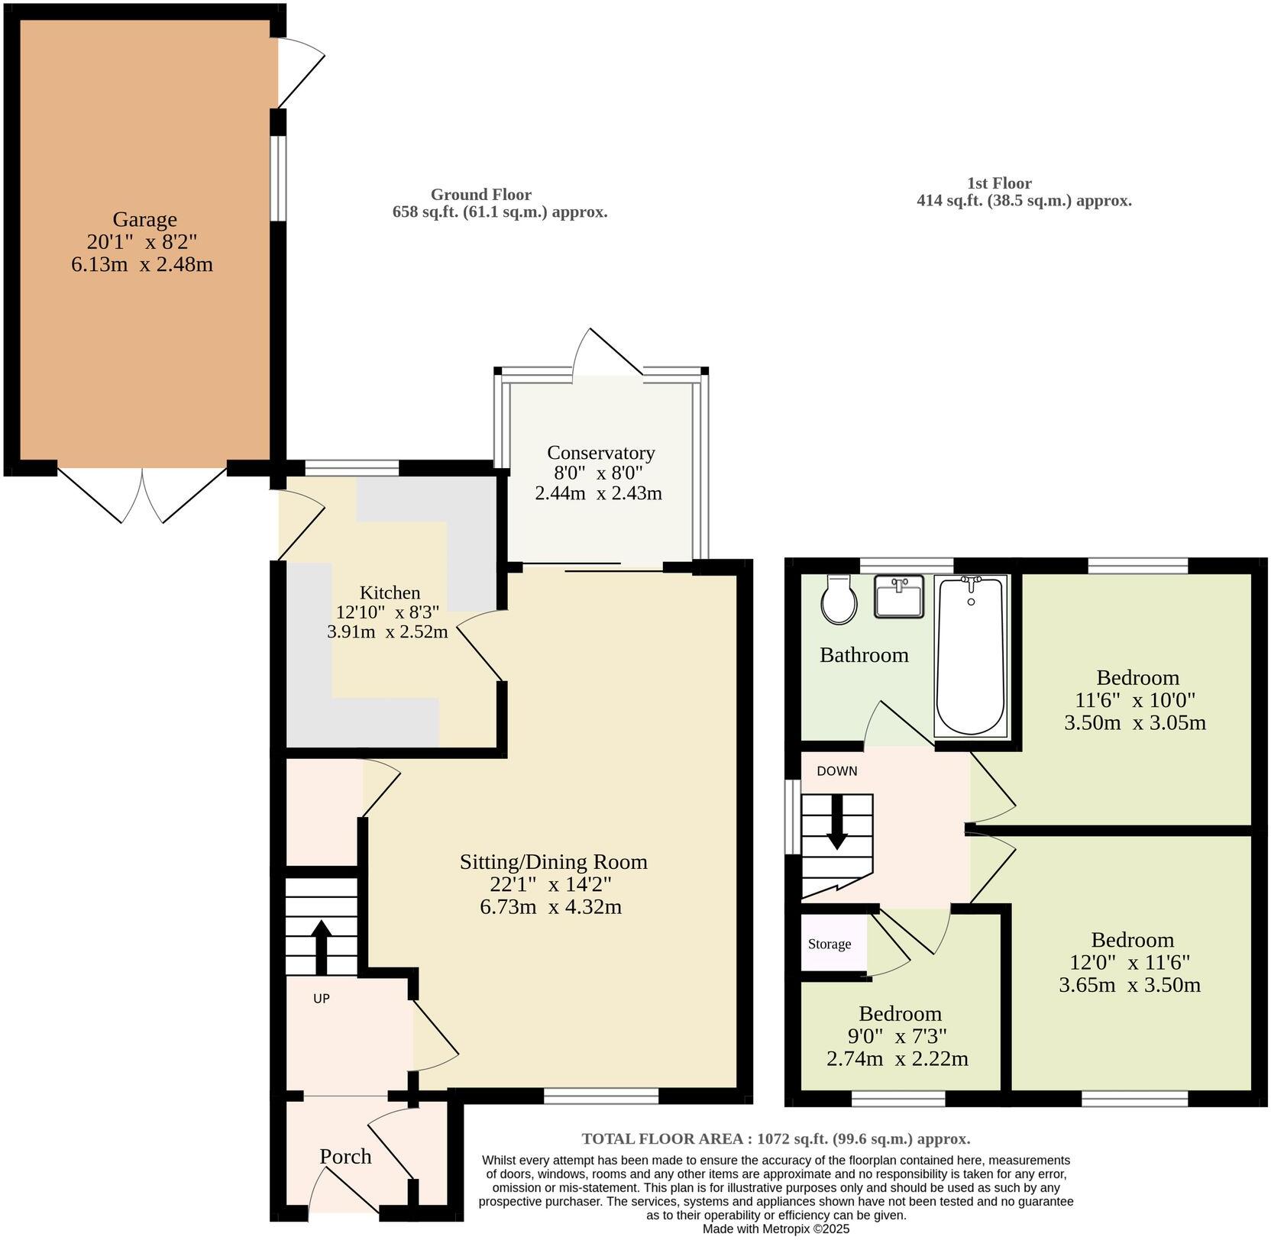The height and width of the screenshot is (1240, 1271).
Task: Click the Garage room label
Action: pos(144,220)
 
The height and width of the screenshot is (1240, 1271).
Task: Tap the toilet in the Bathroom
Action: pos(838,599)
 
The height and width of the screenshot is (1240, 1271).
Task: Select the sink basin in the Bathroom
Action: pos(899,596)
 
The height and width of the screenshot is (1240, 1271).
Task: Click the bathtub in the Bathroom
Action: pos(970,657)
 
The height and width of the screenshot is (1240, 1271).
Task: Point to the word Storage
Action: pos(830,944)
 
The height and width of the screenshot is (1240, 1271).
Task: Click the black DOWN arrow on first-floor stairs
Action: pos(837,823)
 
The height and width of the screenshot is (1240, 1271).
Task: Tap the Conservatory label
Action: pos(600,453)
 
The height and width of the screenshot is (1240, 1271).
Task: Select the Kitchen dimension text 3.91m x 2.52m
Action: pos(387,632)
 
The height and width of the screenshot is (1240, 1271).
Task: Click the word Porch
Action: pos(345,1156)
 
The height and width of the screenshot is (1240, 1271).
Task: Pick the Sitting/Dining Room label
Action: pos(553,862)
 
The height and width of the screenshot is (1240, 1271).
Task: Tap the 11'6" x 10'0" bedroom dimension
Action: pos(1136,699)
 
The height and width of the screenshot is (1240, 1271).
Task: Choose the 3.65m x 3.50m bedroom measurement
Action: pos(1130,985)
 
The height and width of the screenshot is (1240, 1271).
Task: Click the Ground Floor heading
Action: pos(480,195)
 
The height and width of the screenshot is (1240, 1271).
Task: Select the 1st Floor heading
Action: pos(999,183)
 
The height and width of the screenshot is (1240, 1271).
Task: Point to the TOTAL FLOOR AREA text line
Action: pos(775,1138)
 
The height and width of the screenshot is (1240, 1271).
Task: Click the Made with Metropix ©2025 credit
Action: pos(775,1229)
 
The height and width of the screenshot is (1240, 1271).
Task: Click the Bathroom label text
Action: pos(864,655)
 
